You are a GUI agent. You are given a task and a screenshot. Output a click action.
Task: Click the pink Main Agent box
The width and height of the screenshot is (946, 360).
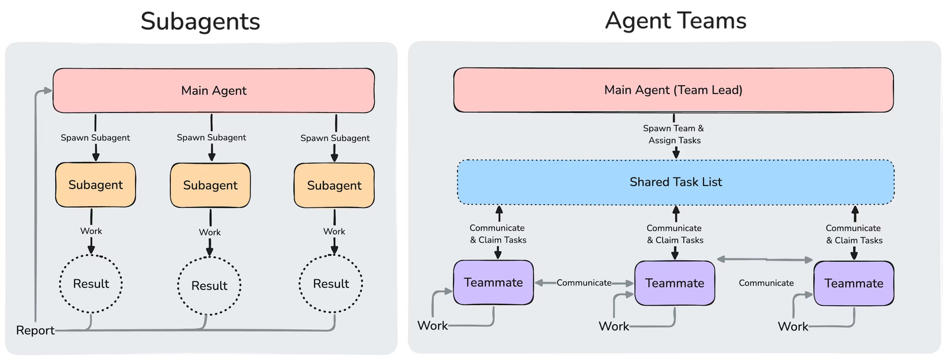tap(213, 90)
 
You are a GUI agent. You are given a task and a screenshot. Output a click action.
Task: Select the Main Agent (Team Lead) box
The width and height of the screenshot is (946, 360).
tap(673, 90)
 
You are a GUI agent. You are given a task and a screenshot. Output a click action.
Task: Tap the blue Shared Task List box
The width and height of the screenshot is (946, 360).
tap(675, 182)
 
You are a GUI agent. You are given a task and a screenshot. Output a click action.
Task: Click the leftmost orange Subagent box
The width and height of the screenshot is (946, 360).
tap(95, 185)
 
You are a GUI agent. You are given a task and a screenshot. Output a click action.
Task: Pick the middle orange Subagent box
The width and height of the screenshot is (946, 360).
tap(210, 186)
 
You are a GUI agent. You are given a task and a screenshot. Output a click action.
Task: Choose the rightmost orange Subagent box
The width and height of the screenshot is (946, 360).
tap(334, 186)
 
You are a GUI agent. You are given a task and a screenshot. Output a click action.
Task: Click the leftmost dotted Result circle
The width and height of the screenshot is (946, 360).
tap(91, 284)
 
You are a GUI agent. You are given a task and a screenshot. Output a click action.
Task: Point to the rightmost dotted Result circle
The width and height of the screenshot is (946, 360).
tap(331, 284)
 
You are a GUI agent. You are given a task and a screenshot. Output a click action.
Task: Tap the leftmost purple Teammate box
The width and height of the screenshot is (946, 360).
tap(493, 283)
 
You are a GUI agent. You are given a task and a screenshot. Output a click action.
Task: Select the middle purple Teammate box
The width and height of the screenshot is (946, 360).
tap(675, 283)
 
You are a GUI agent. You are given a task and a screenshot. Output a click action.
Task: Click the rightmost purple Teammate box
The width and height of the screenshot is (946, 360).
tap(854, 283)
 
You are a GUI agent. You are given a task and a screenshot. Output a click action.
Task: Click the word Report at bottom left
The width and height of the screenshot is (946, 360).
tap(35, 330)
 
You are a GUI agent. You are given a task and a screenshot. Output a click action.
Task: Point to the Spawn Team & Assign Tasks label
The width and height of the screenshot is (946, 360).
tap(674, 134)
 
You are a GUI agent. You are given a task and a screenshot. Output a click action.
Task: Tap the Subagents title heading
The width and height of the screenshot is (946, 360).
tap(201, 21)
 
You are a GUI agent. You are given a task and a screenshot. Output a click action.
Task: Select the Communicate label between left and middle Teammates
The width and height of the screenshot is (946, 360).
tap(584, 283)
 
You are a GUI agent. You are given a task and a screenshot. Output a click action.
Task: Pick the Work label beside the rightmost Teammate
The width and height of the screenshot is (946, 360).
tap(792, 326)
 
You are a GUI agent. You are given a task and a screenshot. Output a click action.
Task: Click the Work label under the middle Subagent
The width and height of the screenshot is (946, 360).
tap(209, 232)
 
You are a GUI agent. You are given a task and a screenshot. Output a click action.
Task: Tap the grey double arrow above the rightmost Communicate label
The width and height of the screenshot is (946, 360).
tap(766, 259)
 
